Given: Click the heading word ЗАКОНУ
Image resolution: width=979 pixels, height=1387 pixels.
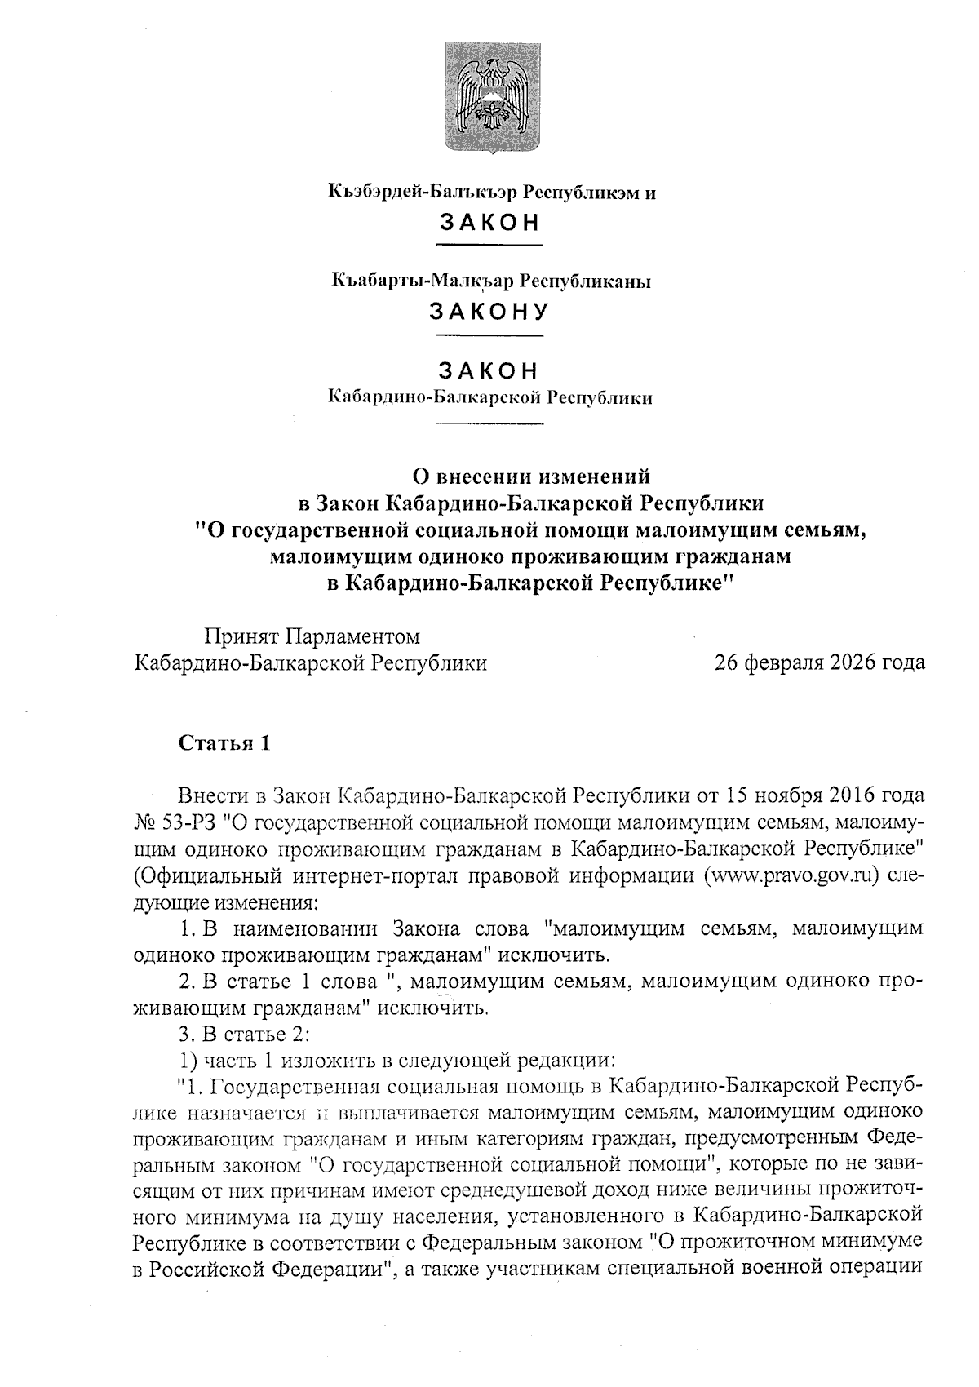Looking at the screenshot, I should [x=489, y=312].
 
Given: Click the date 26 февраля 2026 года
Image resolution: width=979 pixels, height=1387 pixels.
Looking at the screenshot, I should [x=819, y=662].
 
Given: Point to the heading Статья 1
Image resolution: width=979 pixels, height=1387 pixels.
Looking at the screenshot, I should [x=224, y=743].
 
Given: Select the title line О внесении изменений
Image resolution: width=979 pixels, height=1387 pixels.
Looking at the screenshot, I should [x=531, y=474].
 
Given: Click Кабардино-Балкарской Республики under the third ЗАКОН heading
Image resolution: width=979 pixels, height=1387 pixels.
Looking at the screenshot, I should [x=489, y=398].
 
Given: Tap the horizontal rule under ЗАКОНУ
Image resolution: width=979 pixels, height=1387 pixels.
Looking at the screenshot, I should [x=489, y=335].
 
